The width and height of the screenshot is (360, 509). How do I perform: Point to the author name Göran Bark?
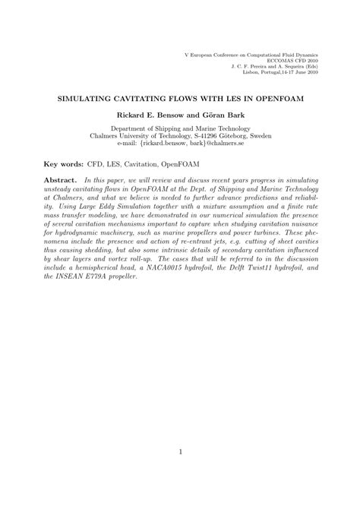click(219, 115)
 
